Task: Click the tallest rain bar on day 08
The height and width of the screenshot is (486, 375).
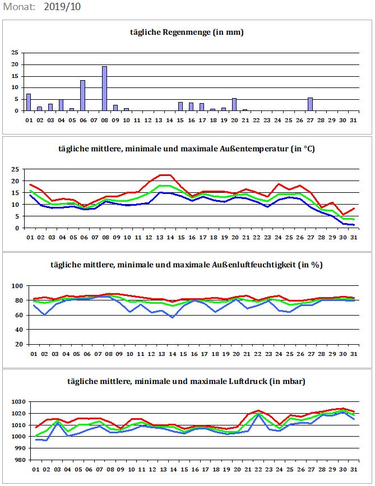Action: click(x=104, y=89)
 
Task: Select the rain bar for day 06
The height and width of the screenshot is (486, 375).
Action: click(x=83, y=95)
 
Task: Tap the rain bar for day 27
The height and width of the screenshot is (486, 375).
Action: click(x=310, y=104)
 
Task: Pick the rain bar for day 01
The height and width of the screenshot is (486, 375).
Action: click(x=29, y=102)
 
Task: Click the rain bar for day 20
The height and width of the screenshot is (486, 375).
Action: click(x=234, y=104)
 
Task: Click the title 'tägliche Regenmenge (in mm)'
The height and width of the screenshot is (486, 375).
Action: click(x=187, y=33)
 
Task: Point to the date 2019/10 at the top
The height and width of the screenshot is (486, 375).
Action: click(x=62, y=7)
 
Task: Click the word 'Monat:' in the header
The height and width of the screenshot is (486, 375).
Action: click(x=19, y=7)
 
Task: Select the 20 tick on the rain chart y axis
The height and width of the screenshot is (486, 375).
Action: click(x=16, y=64)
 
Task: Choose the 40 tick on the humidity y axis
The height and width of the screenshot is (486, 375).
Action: click(x=20, y=330)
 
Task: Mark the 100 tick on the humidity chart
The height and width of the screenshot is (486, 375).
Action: click(x=18, y=286)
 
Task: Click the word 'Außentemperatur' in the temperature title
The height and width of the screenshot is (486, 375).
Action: click(x=254, y=149)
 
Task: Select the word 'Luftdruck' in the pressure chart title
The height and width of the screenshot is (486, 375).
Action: click(x=248, y=381)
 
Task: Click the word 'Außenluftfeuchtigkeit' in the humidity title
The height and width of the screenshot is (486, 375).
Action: click(x=254, y=265)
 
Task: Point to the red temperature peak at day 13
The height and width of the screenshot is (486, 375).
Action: click(x=160, y=175)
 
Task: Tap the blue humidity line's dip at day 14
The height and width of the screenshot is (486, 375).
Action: click(x=172, y=317)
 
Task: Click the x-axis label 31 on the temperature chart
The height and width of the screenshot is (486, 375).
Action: click(x=354, y=238)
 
